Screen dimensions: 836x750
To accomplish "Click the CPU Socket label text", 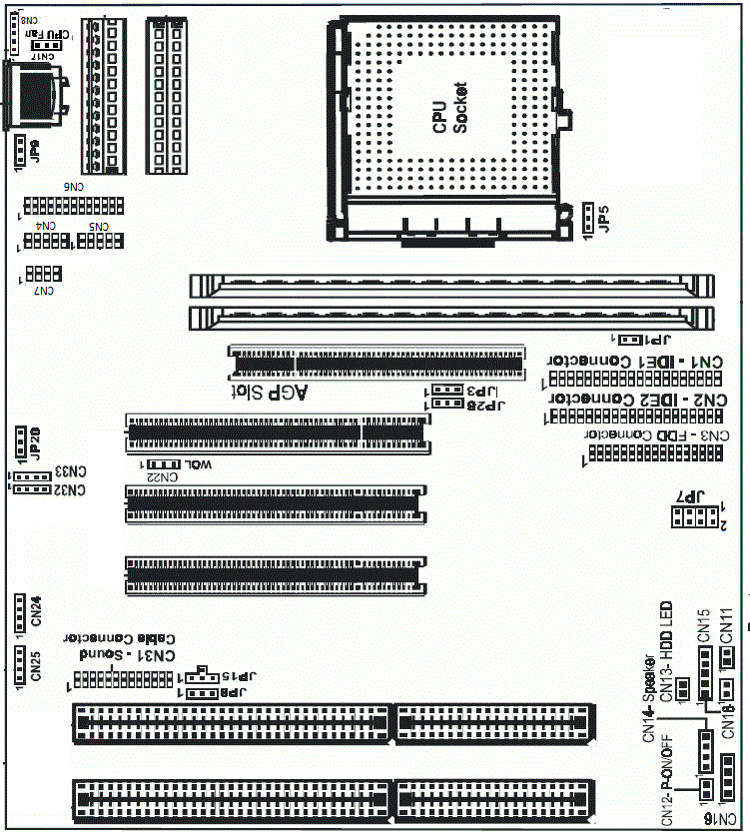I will [x=448, y=110].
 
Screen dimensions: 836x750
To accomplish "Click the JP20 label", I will [x=34, y=441].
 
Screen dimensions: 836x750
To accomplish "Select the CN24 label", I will [x=36, y=609].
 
